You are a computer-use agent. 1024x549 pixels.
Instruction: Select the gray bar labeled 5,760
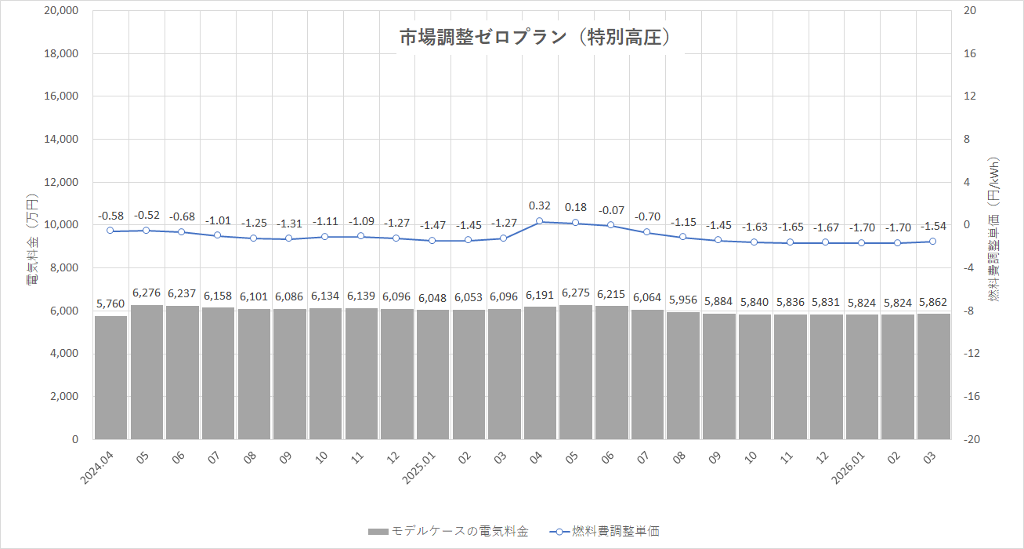(x=110, y=377)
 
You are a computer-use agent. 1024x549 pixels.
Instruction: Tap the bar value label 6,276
(x=147, y=293)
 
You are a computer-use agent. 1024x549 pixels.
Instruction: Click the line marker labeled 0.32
(x=539, y=221)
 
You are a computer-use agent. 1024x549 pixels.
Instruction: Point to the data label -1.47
(x=432, y=225)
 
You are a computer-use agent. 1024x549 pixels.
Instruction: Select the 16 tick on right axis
(x=969, y=54)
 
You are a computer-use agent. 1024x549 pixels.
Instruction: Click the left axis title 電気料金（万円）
(x=31, y=239)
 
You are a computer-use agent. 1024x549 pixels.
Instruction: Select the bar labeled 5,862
(x=932, y=376)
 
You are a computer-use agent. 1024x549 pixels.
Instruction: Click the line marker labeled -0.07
(x=611, y=226)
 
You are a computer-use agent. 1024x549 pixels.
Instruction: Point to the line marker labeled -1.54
(x=932, y=242)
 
